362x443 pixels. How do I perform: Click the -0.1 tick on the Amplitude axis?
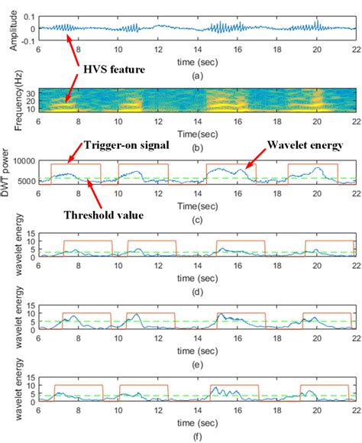[x=26, y=43]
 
